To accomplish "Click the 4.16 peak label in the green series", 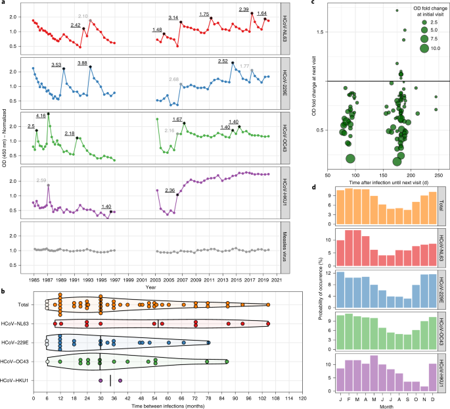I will [x=41, y=116].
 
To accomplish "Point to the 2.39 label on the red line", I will [x=243, y=10].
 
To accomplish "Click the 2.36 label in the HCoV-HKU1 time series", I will [x=169, y=191].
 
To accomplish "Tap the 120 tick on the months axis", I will [x=303, y=393].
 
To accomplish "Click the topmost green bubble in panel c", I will [x=397, y=11].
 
